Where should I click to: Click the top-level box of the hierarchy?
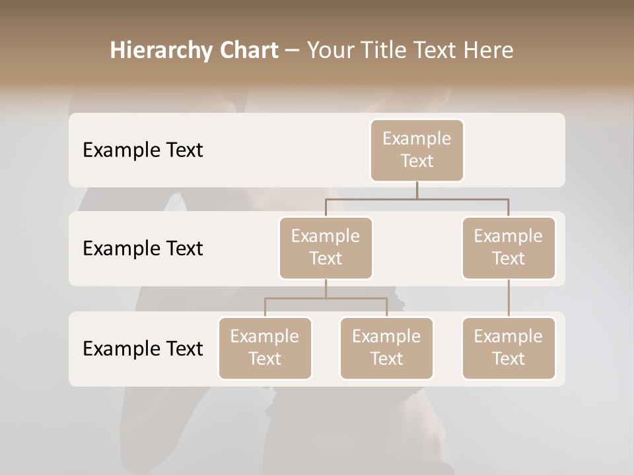pyautogui.click(x=417, y=150)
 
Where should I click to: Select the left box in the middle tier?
pyautogui.click(x=326, y=247)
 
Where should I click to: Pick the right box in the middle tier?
pyautogui.click(x=509, y=247)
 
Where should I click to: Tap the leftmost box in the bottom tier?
pyautogui.click(x=265, y=348)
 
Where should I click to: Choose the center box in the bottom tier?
pyautogui.click(x=386, y=348)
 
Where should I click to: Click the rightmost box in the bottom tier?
pyautogui.click(x=509, y=348)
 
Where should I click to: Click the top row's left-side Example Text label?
pyautogui.click(x=143, y=150)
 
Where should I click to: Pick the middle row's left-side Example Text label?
pyautogui.click(x=143, y=249)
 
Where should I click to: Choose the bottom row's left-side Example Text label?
pyautogui.click(x=143, y=349)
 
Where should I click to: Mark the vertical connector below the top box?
pyautogui.click(x=417, y=190)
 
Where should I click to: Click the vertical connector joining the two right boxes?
pyautogui.click(x=509, y=298)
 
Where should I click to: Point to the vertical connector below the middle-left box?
pyautogui.click(x=326, y=288)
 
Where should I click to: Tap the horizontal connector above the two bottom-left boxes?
pyautogui.click(x=326, y=298)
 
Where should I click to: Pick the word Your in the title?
pyautogui.click(x=328, y=50)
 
